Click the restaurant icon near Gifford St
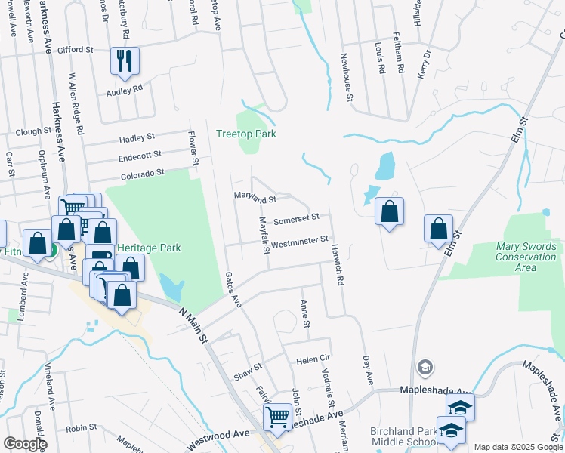(x=125, y=60)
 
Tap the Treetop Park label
(x=245, y=134)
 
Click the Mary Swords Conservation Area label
(x=526, y=257)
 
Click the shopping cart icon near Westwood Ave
(x=277, y=415)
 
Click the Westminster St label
(x=298, y=242)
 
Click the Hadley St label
(x=137, y=138)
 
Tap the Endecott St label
(x=140, y=156)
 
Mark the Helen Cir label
(x=314, y=359)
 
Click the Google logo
(x=24, y=444)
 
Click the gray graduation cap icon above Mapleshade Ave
(x=425, y=368)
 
